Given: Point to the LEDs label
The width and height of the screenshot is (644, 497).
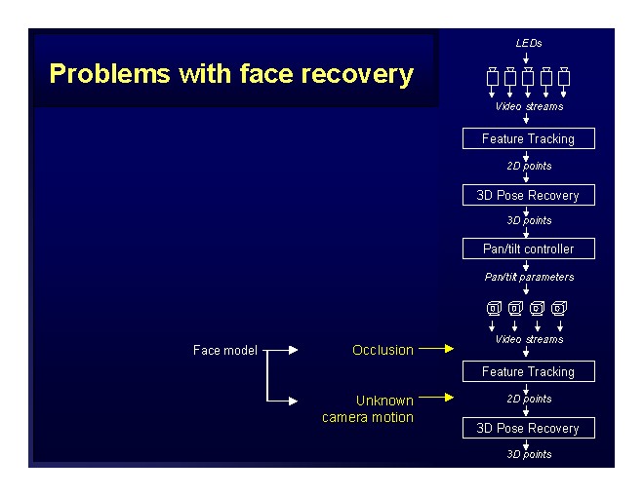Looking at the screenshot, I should (x=528, y=43).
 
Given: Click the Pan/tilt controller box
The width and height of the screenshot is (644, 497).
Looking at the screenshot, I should (x=528, y=248).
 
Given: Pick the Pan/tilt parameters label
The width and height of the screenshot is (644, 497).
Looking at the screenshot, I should (x=529, y=277).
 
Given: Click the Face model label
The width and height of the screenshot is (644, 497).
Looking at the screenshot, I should (x=225, y=350).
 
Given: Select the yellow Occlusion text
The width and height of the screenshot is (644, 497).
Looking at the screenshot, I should (x=382, y=350).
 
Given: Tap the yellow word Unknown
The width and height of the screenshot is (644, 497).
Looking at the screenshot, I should (x=384, y=401).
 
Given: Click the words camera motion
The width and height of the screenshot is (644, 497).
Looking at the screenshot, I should (x=368, y=417).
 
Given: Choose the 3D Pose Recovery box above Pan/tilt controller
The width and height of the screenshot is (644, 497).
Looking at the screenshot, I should (x=528, y=195).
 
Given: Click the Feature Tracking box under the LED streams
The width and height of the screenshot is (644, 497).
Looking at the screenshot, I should (x=528, y=138).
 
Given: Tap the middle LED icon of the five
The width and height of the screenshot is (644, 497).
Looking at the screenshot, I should (x=528, y=76).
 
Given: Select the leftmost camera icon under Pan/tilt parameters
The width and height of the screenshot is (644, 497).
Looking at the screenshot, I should (x=494, y=309).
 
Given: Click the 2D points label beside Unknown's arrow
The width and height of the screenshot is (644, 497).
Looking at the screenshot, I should (x=529, y=399).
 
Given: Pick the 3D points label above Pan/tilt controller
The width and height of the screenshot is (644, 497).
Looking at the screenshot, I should (x=529, y=220).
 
